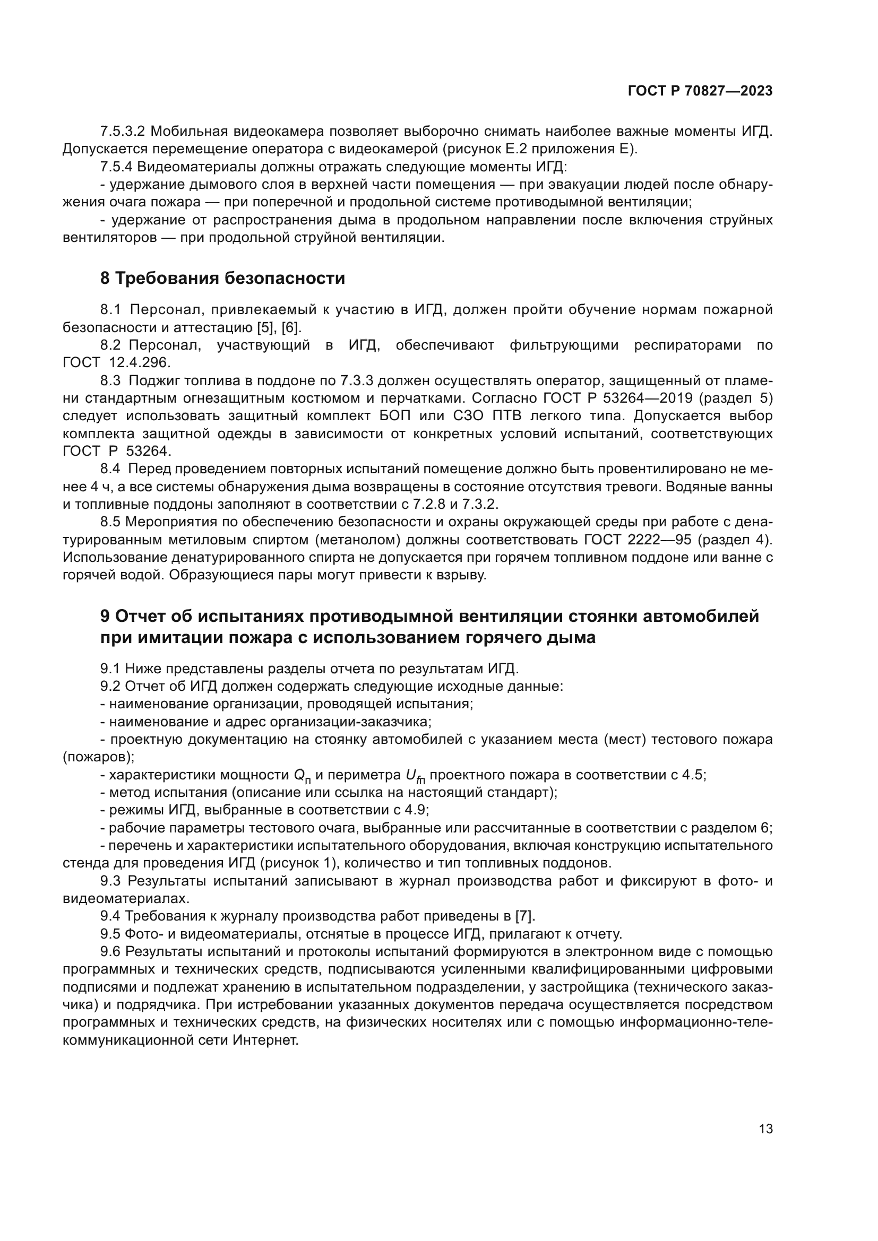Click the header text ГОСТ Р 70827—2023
pos(700,91)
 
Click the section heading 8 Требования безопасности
pos(222,279)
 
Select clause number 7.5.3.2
pos(122,132)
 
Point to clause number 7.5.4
pos(116,167)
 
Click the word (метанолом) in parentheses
pos(361,540)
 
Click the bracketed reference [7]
pos(524,916)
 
